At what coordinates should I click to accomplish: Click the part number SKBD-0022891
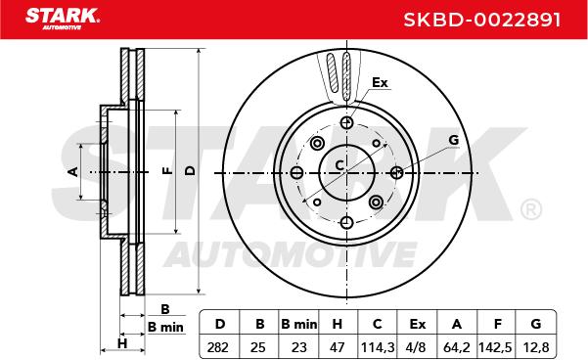(x=482, y=20)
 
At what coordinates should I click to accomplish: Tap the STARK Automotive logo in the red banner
(x=63, y=19)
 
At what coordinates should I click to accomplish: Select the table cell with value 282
(x=217, y=347)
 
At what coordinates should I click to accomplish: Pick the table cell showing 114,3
(x=378, y=347)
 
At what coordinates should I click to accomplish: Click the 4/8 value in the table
(x=416, y=347)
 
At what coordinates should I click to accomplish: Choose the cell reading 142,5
(x=495, y=347)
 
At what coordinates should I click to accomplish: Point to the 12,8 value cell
(x=535, y=347)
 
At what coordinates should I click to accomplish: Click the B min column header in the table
(x=298, y=324)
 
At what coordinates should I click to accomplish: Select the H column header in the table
(x=338, y=324)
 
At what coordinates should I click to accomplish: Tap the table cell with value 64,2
(x=456, y=347)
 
